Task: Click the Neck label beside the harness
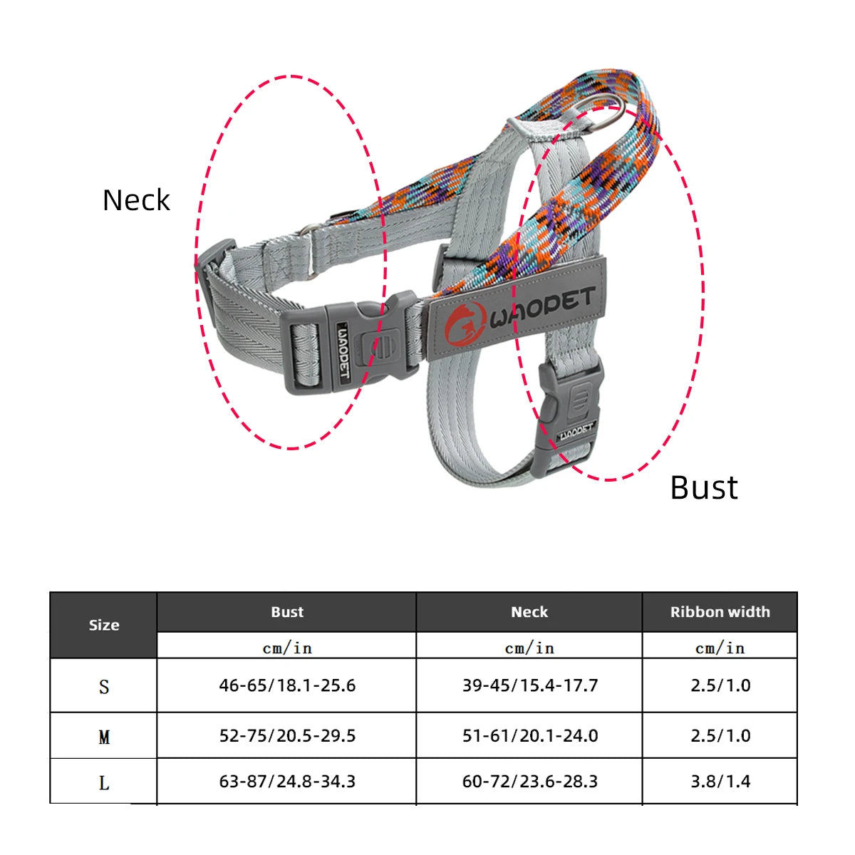[136, 200]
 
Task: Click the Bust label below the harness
[704, 488]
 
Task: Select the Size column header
[104, 625]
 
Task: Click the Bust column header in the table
[287, 612]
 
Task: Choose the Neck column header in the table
[529, 612]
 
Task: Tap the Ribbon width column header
[720, 612]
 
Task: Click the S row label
[104, 687]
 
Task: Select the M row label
[104, 737]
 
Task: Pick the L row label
[104, 783]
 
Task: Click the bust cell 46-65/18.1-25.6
[287, 685]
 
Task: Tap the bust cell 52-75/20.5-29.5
[287, 735]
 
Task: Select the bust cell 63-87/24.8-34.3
[287, 782]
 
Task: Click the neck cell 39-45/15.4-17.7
[529, 685]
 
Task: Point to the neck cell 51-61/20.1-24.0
[529, 735]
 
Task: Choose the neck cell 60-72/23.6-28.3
[529, 782]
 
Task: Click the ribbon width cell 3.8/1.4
[720, 782]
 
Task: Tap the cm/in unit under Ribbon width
[720, 648]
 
